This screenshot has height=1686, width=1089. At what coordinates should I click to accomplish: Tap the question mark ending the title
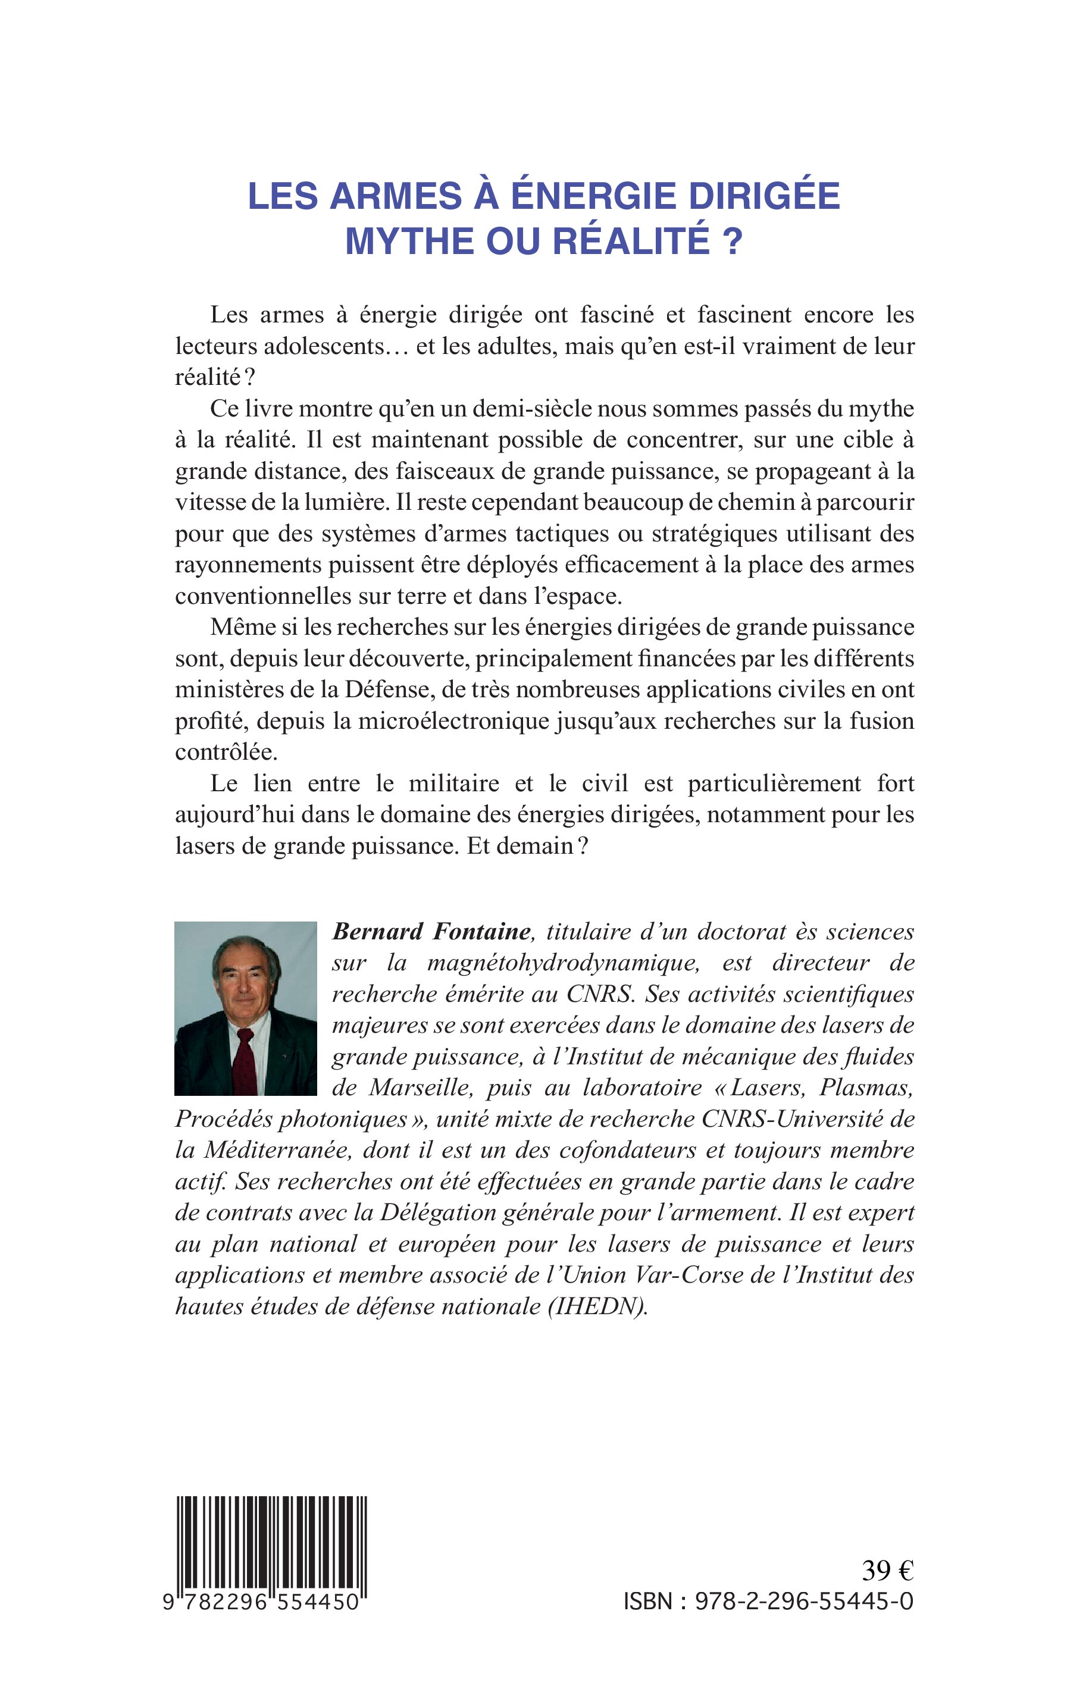pos(733,242)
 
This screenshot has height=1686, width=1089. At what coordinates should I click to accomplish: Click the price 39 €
pos(887,1571)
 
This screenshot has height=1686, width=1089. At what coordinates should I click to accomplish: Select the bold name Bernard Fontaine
pos(431,932)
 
